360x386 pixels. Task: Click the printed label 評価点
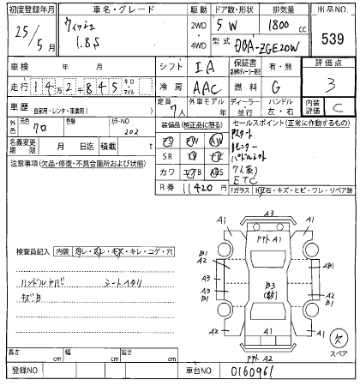(x=331, y=63)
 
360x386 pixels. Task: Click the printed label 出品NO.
(x=331, y=9)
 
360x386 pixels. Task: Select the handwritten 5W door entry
(x=226, y=25)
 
